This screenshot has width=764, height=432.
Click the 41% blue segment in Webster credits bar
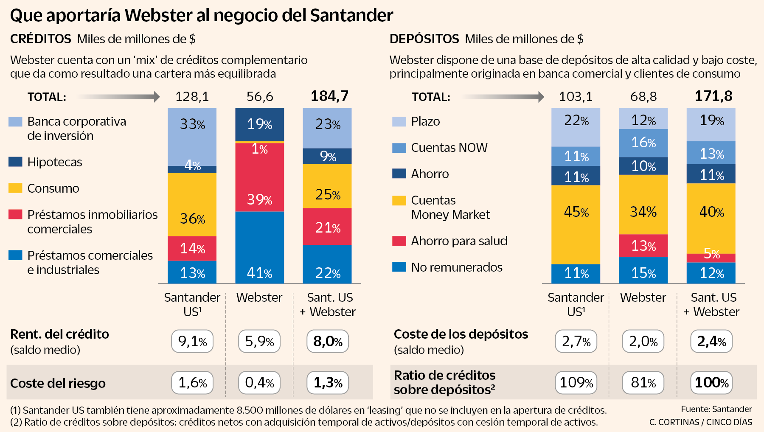tap(259, 247)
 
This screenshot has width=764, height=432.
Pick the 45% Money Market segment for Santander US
tap(576, 224)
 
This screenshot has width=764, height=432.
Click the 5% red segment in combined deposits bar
tap(711, 258)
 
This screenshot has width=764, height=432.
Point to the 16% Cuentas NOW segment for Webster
tap(643, 143)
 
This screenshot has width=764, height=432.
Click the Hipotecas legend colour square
tap(15, 162)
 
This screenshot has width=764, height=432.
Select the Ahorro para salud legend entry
tap(459, 241)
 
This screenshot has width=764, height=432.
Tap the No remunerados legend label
tap(457, 267)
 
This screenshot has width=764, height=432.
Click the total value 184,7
tap(329, 96)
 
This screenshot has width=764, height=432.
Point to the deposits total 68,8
tap(643, 97)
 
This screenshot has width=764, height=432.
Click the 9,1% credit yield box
tap(192, 341)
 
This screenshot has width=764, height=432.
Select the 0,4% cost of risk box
tap(259, 383)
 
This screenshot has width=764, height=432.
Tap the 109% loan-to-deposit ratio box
tap(576, 383)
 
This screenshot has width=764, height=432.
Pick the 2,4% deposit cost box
tap(711, 341)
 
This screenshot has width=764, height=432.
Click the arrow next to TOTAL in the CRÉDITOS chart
tap(119, 97)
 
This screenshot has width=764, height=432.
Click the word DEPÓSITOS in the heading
tap(424, 39)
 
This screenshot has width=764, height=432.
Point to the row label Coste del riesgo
tap(58, 383)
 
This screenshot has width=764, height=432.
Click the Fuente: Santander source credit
tap(716, 409)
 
